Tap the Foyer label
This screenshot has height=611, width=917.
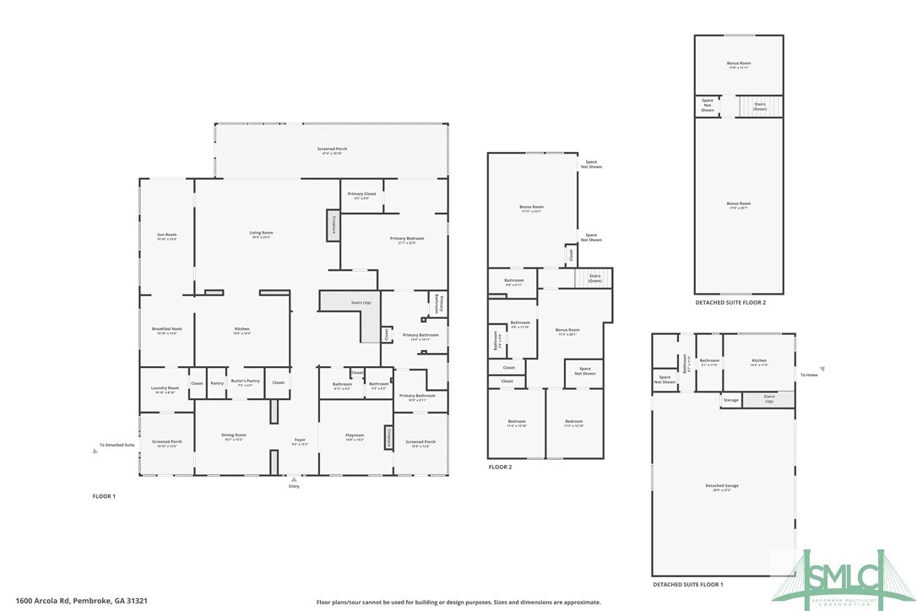(300, 441)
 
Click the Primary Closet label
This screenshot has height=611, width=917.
(361, 194)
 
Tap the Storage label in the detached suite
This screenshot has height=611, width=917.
(730, 400)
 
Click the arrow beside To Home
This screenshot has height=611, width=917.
(822, 368)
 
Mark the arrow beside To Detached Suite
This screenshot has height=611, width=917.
(95, 451)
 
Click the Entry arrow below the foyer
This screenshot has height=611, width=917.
(294, 479)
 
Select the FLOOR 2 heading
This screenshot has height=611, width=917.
(500, 467)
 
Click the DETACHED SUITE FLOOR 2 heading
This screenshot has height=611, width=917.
(730, 302)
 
